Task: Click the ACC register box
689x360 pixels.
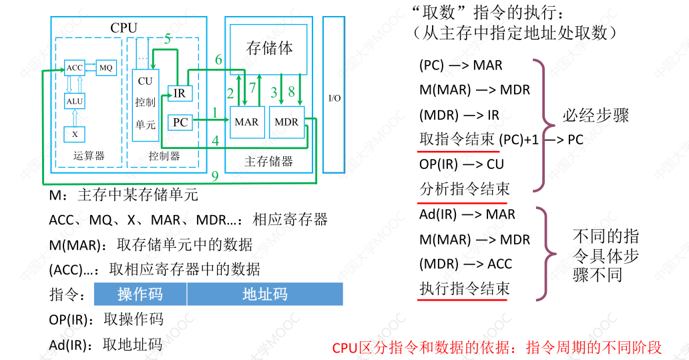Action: pos(73,67)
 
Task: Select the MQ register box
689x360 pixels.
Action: pos(106,67)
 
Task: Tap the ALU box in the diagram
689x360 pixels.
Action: pos(74,101)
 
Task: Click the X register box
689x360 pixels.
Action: pos(75,134)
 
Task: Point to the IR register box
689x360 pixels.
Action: pos(180,94)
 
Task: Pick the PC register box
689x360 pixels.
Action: pos(180,122)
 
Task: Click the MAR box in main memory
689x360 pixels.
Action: pos(246,122)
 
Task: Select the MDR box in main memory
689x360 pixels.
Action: pos(286,122)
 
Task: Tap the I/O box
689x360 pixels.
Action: pos(334,98)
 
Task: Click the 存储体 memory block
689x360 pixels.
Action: pos(269,48)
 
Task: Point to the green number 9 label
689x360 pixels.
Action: pos(215,176)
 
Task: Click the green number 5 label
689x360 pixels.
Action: pos(168,38)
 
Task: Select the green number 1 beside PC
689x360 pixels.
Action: pos(215,112)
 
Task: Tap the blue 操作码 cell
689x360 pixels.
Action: pos(140,295)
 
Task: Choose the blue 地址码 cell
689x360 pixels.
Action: pos(264,295)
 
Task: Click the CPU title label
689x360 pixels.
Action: pos(124,27)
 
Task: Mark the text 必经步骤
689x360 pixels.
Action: pos(596,116)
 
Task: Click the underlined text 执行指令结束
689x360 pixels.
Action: pos(464,289)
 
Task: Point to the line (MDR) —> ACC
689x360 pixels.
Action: pos(465,264)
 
